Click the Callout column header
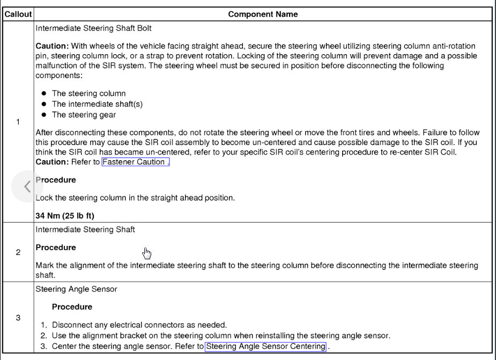[x=18, y=14]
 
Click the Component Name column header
[x=263, y=14]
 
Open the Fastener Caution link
[x=135, y=162]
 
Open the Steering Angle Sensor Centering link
[x=265, y=347]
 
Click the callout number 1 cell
[x=18, y=122]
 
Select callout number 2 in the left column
[x=18, y=252]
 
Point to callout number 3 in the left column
[x=18, y=318]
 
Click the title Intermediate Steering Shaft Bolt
[x=89, y=28]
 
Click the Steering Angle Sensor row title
[x=76, y=289]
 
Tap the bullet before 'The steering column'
[x=44, y=94]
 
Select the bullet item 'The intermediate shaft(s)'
[x=97, y=104]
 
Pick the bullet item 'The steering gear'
[x=84, y=115]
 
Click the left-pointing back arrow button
[x=27, y=186]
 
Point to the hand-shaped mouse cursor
[x=147, y=253]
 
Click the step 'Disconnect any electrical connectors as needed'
[x=139, y=325]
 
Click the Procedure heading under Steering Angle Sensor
[x=72, y=307]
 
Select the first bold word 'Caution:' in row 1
[x=52, y=47]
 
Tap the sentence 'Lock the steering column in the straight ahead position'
[x=135, y=198]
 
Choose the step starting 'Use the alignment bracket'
[x=221, y=336]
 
